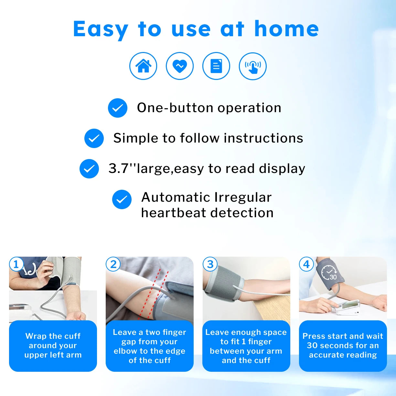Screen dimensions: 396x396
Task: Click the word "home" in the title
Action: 286,29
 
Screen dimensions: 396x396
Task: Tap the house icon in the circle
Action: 143,66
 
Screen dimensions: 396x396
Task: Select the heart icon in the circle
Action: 180,66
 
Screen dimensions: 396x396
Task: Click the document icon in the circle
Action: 216,66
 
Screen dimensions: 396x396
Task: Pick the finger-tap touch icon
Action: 253,66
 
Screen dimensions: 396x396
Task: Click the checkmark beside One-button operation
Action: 118,108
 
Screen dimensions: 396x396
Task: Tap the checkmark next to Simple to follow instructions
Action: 94,138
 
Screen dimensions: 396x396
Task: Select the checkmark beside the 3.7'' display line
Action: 89,169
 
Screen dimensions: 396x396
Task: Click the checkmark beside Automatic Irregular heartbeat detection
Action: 122,199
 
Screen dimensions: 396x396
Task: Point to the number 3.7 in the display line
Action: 118,168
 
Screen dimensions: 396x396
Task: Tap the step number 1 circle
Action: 16,264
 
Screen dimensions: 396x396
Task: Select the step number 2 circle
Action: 113,264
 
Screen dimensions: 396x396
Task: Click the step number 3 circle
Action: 210,264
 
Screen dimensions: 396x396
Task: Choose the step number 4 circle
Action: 306,264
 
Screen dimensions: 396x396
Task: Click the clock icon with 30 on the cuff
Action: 329,273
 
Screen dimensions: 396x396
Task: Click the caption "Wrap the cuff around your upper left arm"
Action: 53,346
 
